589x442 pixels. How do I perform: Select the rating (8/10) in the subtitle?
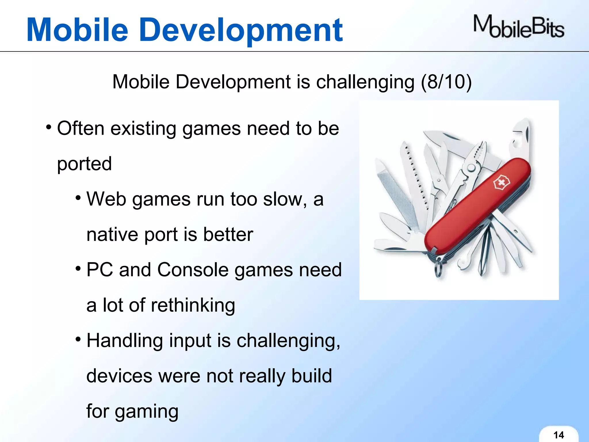coord(446,82)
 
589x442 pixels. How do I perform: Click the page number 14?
coord(559,435)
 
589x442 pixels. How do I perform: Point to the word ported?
coord(84,164)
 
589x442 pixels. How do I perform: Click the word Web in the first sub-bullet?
coord(106,199)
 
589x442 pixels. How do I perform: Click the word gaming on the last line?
coord(146,412)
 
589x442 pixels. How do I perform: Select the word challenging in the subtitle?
coord(365,82)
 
